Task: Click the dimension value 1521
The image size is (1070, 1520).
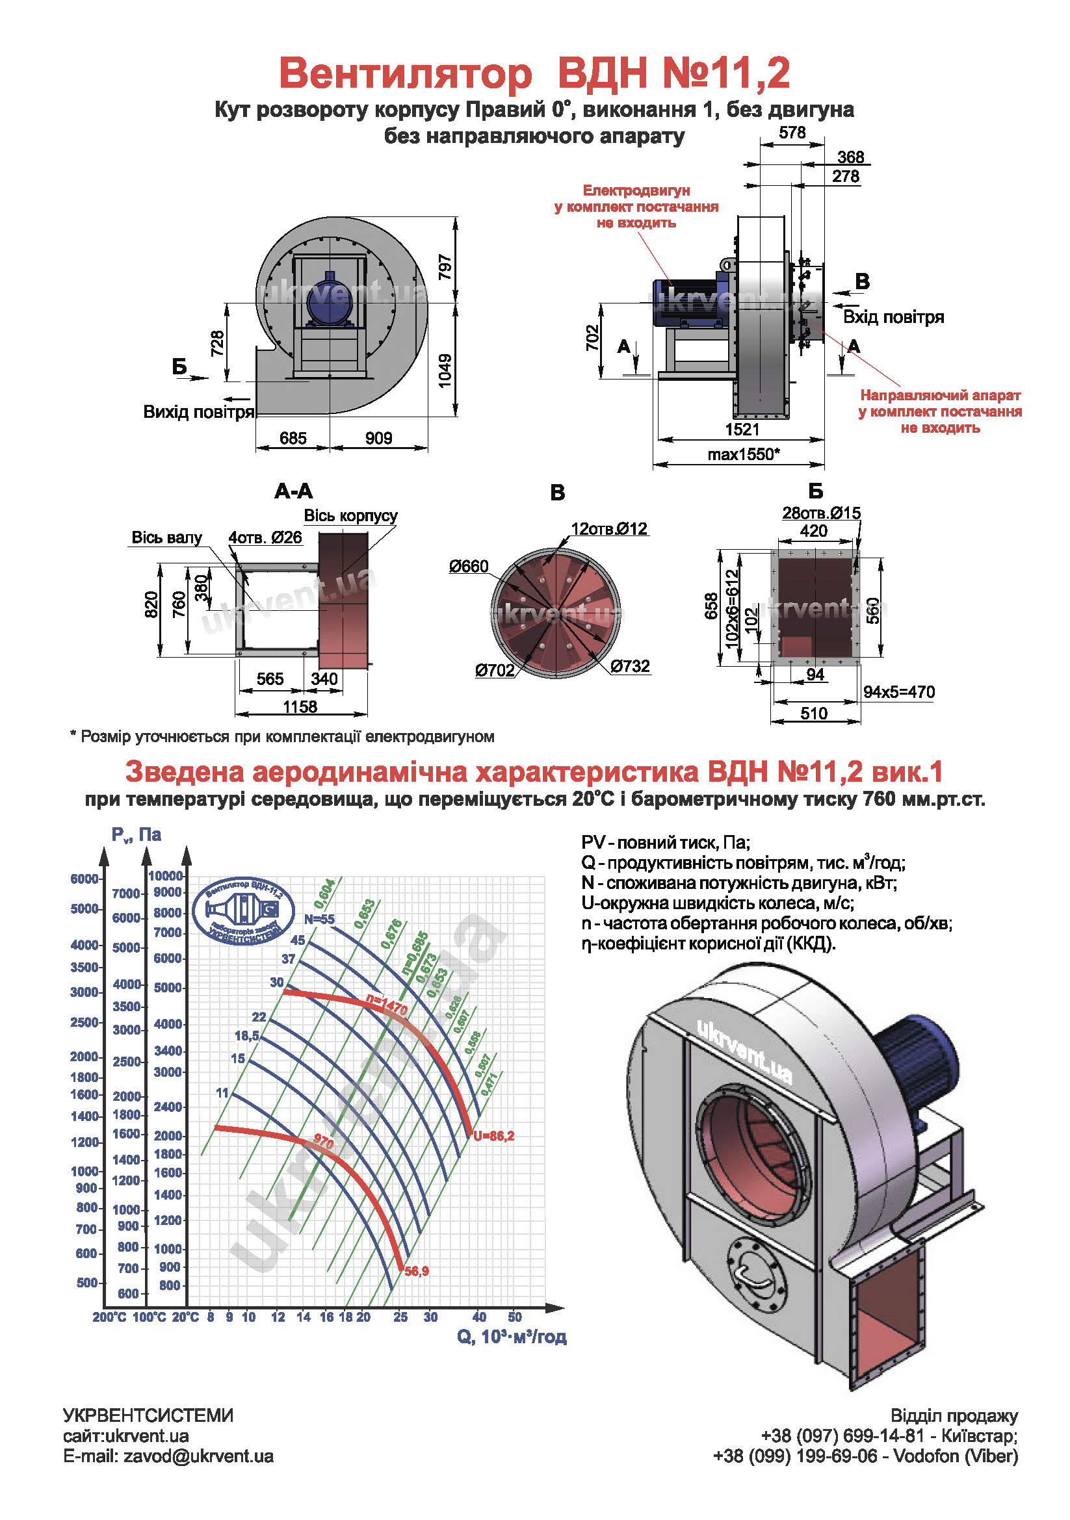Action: point(742,430)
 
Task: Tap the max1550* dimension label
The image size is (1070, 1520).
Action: point(743,455)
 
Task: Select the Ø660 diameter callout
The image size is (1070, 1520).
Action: point(468,567)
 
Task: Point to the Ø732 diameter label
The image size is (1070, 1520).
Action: point(630,666)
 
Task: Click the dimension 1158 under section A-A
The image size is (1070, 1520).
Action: point(300,707)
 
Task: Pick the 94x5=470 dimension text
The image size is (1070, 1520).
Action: point(898,693)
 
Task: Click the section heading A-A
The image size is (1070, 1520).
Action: point(293,491)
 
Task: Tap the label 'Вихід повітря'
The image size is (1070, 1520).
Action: point(199,413)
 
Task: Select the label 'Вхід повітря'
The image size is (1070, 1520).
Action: point(893,317)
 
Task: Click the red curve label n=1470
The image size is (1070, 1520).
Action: point(386,1005)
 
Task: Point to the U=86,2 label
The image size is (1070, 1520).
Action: point(493,1136)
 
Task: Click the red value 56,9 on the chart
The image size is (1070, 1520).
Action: point(417,1271)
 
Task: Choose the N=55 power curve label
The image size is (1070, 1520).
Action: point(319,919)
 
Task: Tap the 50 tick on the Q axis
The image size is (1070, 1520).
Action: point(514,1316)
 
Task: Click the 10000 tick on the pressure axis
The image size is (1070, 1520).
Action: point(166,876)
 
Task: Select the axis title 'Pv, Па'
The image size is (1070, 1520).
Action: point(136,834)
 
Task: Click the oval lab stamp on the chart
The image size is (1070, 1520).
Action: point(243,912)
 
